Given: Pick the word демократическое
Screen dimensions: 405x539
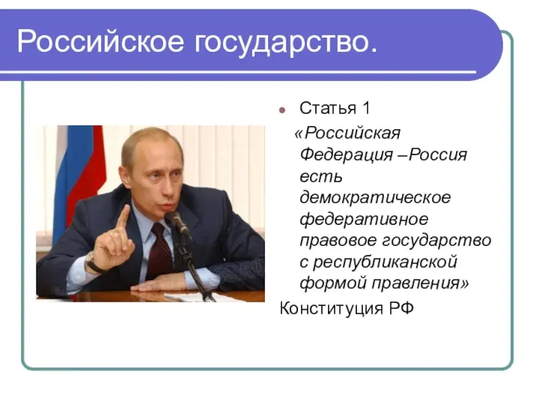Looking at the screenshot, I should click(x=375, y=198).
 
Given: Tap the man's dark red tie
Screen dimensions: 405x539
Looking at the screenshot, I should click(x=160, y=253).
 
